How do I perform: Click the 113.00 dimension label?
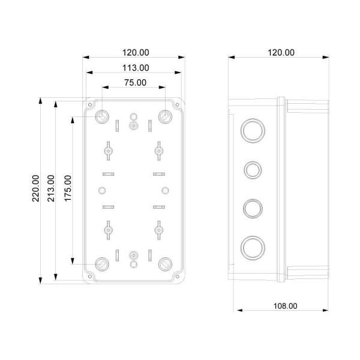point(133,68)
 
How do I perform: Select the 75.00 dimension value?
point(133,83)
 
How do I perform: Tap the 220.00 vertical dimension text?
point(36,188)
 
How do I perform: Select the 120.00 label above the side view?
point(280,53)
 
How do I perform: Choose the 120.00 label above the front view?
point(133,53)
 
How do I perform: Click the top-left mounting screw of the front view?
point(102,115)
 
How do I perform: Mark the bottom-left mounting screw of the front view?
point(102,263)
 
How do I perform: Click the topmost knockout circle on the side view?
point(250,130)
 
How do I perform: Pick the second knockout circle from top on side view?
point(250,170)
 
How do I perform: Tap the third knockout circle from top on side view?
point(250,208)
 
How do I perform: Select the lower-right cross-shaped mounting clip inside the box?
point(158,229)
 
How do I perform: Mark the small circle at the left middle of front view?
point(101,191)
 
